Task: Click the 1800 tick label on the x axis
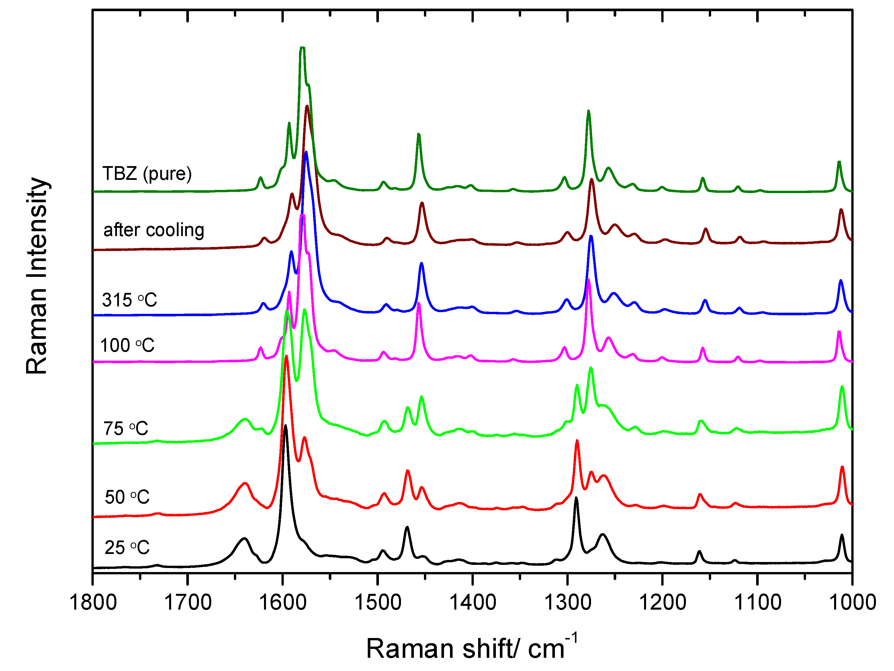point(93,603)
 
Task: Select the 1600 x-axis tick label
point(283,603)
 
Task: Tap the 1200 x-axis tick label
point(662,603)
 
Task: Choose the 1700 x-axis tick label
point(188,603)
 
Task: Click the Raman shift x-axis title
point(471,648)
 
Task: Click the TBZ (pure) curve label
point(147,174)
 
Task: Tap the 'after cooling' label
point(154,230)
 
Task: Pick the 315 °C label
point(129,300)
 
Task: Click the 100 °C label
point(127,345)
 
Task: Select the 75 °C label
point(126,428)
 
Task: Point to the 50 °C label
point(127,497)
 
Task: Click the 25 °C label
point(127,548)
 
